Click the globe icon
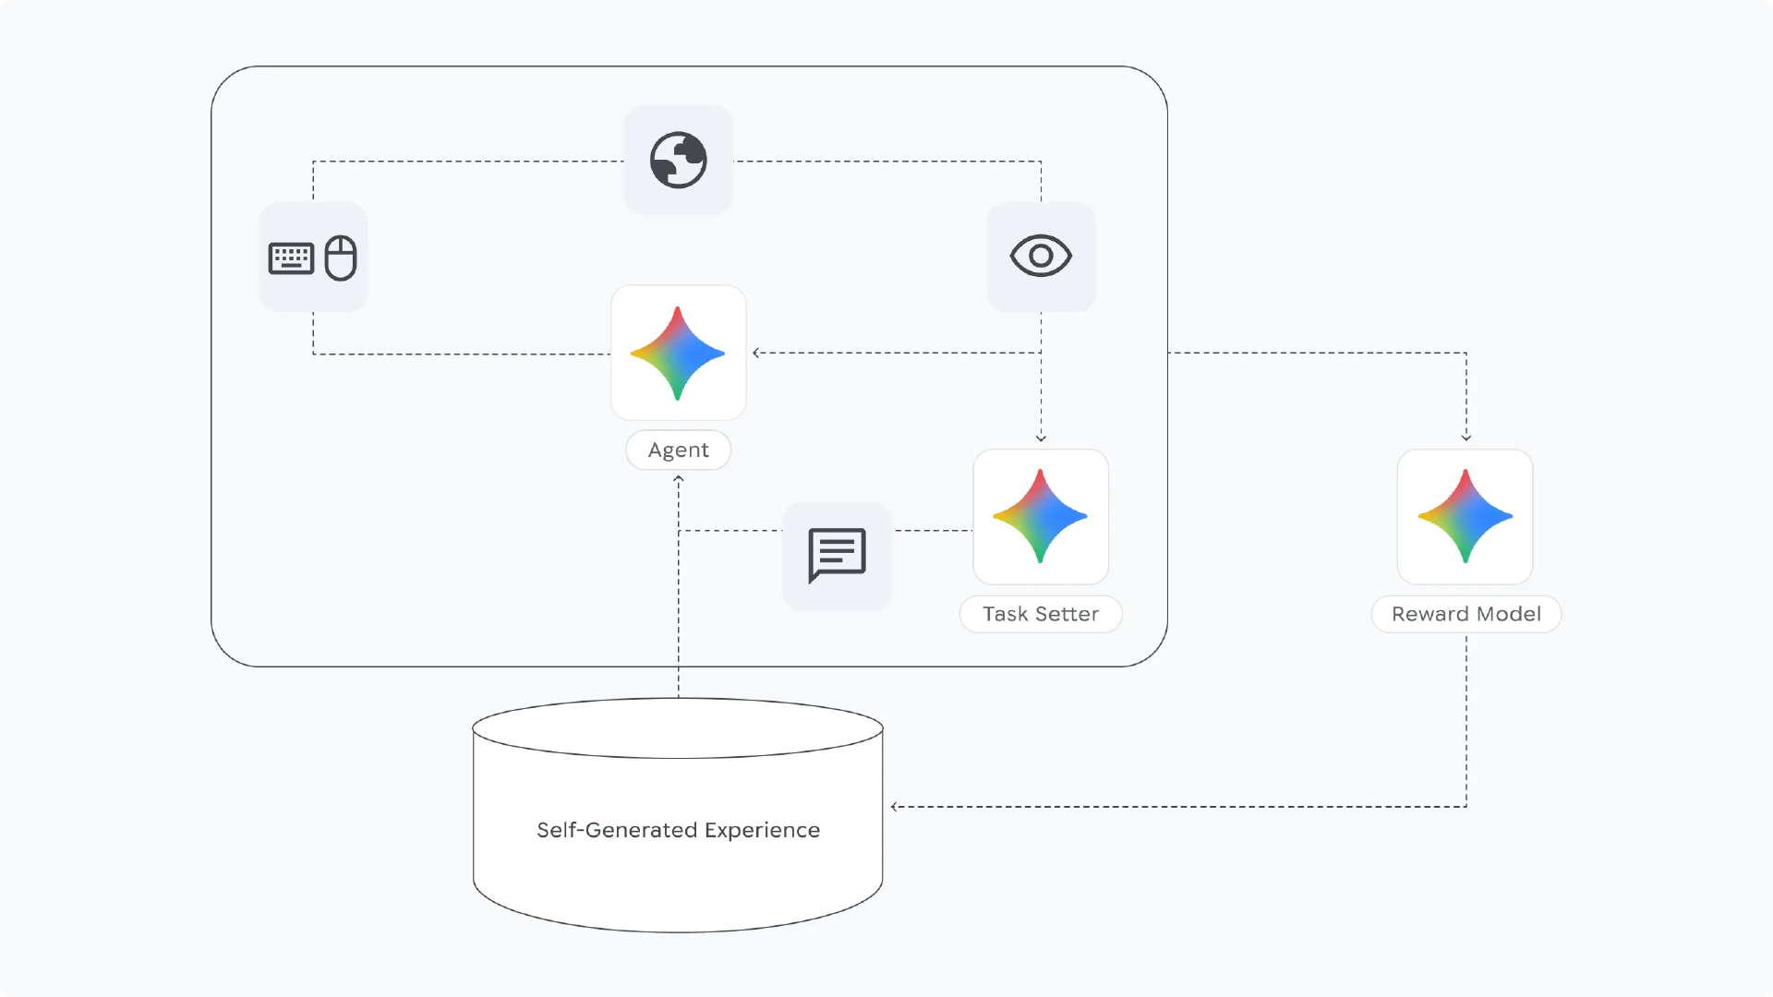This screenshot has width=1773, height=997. [679, 160]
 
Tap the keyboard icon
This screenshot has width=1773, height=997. [291, 258]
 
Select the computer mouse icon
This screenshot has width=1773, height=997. [341, 258]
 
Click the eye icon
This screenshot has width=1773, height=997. [1041, 256]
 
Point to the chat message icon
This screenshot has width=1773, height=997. [837, 555]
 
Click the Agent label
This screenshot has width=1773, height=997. [679, 450]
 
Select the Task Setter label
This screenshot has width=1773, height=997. [1041, 614]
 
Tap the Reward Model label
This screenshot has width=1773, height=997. [1465, 614]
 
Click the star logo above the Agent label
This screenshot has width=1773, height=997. [678, 353]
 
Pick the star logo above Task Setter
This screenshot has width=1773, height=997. [1041, 516]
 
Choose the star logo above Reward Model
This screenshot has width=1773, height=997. [1465, 516]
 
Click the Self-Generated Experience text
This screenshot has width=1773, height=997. [679, 830]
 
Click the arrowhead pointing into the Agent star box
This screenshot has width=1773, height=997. [756, 353]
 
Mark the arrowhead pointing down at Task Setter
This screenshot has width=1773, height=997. [1041, 438]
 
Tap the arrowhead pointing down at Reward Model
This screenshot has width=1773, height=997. [1466, 438]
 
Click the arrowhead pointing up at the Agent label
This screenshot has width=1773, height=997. [679, 479]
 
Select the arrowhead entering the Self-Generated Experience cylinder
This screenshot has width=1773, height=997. [895, 807]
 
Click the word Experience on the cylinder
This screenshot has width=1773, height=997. [762, 830]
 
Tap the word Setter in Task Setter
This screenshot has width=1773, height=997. [1067, 614]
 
